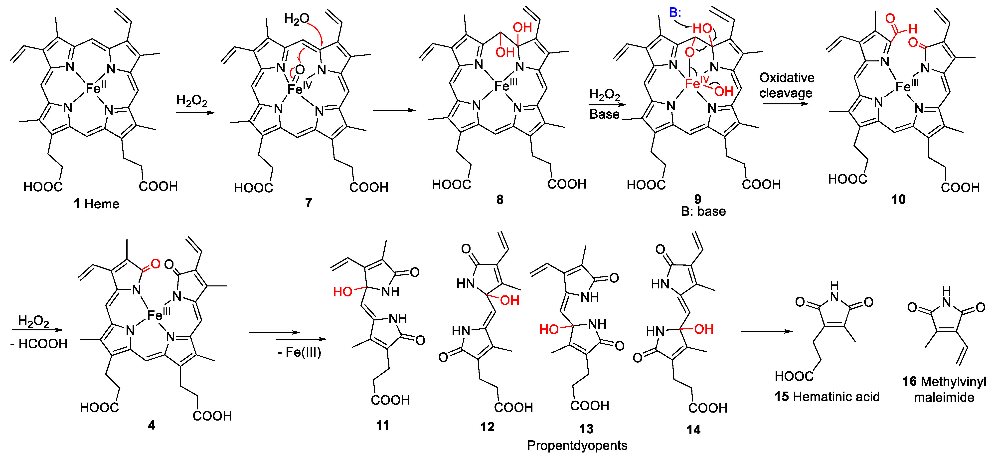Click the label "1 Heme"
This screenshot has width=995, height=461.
pos(97,204)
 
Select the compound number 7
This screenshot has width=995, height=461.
pos(308,203)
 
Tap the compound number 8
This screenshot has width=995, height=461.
pos(500,199)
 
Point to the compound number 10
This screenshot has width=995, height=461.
pos(898,199)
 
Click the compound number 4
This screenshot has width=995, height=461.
pos(152,425)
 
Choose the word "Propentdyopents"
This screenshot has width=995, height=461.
pos(577,446)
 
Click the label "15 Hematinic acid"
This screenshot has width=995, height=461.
pos(827,397)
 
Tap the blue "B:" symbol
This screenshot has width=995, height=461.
pos(675,12)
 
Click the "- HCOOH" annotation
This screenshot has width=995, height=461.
pos(39,344)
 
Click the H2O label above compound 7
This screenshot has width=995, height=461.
pos(297,18)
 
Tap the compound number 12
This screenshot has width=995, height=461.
pos(488,427)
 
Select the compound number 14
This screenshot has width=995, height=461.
pos(693,430)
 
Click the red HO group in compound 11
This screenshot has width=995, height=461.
pos(343,291)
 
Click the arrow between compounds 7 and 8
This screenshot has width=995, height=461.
pos(394,111)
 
